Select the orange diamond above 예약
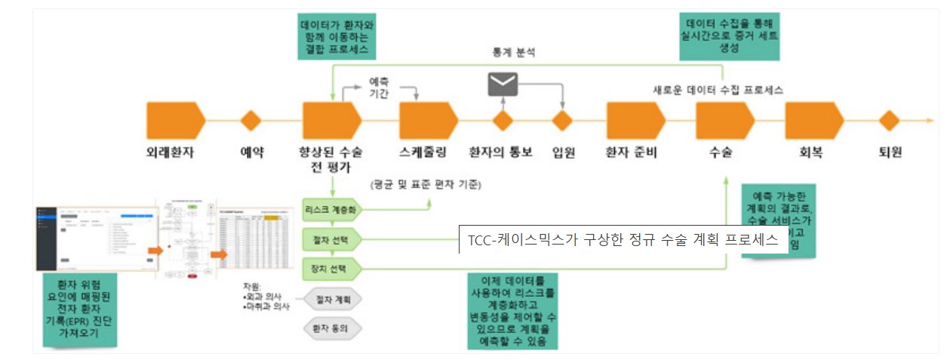(x=251, y=121)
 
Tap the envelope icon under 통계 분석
(x=503, y=85)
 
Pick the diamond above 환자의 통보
(x=503, y=121)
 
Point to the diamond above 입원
(x=563, y=121)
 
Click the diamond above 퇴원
(x=889, y=121)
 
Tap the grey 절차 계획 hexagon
(x=332, y=300)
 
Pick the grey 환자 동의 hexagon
(x=332, y=328)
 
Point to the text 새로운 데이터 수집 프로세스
(x=718, y=89)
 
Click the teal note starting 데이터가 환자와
(x=334, y=37)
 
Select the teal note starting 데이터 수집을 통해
(x=730, y=35)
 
